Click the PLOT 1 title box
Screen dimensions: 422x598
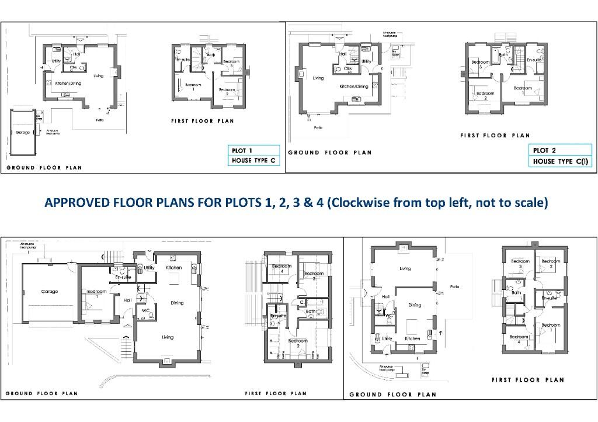pos(253,150)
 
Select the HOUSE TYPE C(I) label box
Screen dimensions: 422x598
pos(559,161)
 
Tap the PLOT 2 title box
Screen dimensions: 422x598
pos(559,150)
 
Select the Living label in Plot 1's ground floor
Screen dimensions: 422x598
pos(99,75)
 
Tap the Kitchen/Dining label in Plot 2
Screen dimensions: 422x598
pos(354,87)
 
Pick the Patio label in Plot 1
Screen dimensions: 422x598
pos(100,120)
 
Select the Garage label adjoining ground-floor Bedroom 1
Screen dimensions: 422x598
pos(49,290)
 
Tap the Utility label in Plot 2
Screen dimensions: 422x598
pos(366,61)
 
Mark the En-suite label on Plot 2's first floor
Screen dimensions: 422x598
pos(534,60)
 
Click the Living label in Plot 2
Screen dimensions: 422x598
pos(318,78)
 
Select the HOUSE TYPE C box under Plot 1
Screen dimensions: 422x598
pos(253,161)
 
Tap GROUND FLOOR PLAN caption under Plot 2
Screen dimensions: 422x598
pos(329,153)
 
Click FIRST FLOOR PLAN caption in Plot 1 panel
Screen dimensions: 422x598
pos(202,122)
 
